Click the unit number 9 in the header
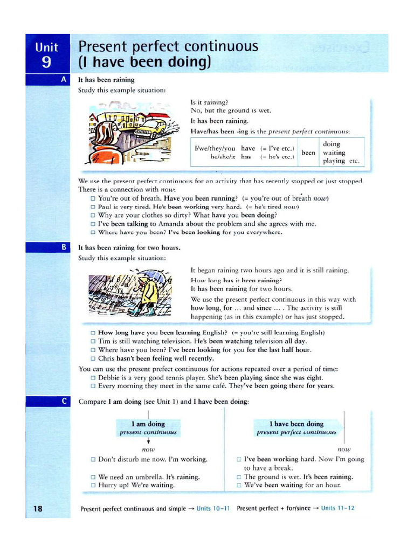47,62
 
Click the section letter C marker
64,402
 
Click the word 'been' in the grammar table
308,153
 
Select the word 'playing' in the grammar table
335,161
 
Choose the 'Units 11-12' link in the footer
337,508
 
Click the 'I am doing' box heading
148,424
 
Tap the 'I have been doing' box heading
296,424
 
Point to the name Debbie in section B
111,377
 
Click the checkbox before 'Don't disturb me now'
93,460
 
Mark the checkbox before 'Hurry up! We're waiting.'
93,485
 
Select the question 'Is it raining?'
210,102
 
